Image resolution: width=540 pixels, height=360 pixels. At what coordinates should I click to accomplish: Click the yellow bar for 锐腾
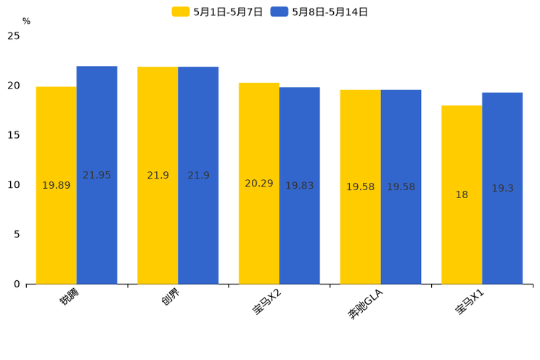pos(56,218)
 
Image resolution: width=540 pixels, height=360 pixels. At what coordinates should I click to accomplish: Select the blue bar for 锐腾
pos(97,218)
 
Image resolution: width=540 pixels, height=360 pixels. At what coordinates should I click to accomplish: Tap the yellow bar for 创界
pos(157,218)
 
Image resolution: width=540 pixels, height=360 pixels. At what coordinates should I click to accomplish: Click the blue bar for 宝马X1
pos(502,232)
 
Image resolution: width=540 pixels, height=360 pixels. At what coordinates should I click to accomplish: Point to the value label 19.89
pos(56,185)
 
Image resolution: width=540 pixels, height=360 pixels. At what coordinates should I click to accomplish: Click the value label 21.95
pos(97,175)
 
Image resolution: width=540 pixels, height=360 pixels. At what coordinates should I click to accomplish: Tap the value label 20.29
pos(259,183)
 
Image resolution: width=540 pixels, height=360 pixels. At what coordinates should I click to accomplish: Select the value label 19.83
pos(299,185)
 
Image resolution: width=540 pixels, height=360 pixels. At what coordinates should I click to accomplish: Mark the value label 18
pos(462,195)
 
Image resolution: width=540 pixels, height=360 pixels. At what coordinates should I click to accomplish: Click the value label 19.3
pos(502,188)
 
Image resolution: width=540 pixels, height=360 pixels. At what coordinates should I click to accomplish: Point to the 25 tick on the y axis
pos(13,36)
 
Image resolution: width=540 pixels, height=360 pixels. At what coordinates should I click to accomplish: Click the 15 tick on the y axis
pos(13,135)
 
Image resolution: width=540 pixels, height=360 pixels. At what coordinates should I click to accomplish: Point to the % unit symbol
pos(26,21)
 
